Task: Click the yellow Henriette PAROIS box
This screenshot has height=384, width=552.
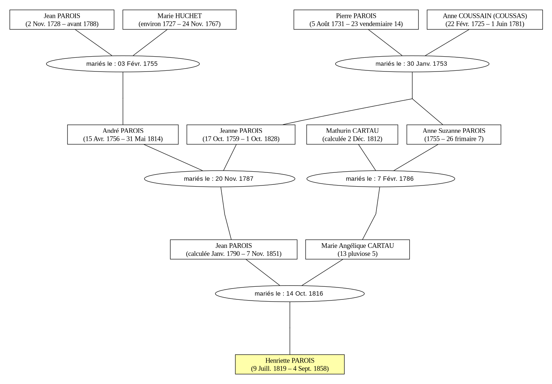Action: (290, 364)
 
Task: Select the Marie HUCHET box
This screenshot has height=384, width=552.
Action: (179, 20)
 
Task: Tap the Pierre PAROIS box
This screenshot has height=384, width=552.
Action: (356, 20)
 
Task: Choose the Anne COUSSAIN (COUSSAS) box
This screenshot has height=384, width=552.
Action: (485, 20)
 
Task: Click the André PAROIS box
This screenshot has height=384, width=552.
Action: (123, 135)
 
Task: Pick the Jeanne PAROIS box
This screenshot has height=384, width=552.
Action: (241, 135)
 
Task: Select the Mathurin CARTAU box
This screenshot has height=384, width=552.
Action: (352, 135)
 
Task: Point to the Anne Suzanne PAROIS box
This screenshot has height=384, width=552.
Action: (454, 135)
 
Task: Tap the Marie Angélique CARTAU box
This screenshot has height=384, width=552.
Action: (357, 249)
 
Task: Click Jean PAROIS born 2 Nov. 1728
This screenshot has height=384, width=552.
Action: (62, 20)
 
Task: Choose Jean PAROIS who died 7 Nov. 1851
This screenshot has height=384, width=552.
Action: (234, 249)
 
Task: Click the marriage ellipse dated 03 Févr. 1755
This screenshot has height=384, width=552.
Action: (123, 64)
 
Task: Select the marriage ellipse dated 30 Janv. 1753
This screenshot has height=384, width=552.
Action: (412, 64)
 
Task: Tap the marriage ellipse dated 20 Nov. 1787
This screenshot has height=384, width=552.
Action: (220, 179)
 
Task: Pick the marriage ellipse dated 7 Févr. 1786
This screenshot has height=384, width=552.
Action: (381, 179)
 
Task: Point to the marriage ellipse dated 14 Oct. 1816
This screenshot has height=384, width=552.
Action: (290, 294)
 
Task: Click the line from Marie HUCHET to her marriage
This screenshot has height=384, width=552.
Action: (150, 42)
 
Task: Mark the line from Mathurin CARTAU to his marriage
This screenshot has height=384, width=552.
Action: (367, 158)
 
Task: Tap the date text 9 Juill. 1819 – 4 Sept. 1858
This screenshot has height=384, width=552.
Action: (290, 369)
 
